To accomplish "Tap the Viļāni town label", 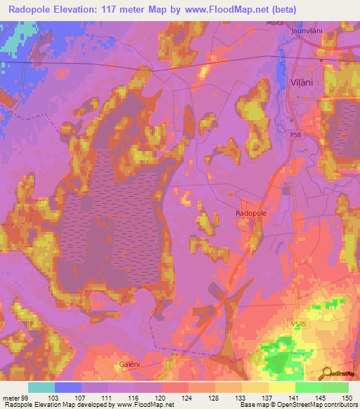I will coord(300,82).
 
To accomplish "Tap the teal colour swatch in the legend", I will coord(41,387).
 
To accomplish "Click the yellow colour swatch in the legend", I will coord(281,387).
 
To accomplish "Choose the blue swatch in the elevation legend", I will coord(67,387).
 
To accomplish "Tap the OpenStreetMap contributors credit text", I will coord(316,405).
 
